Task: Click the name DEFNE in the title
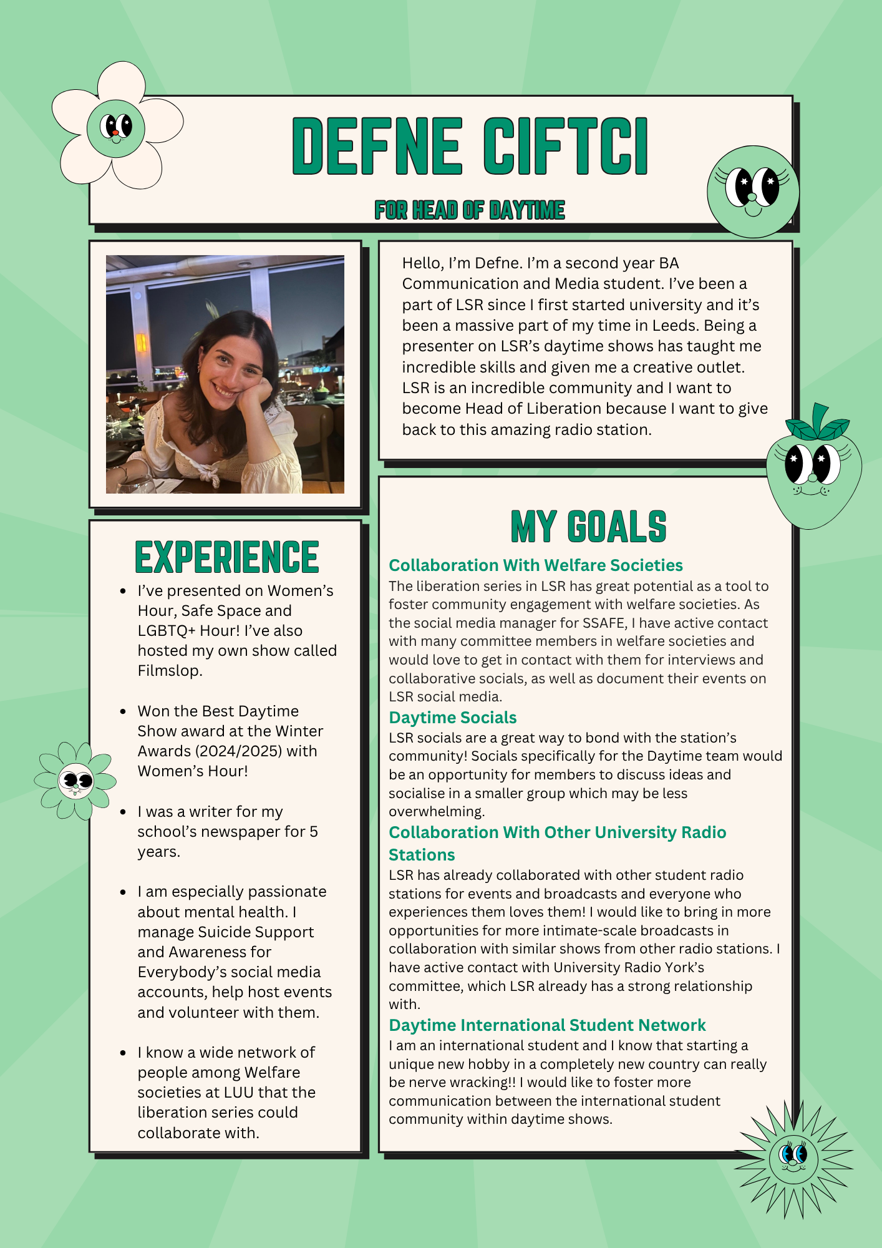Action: (x=377, y=145)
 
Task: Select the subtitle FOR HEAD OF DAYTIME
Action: (x=470, y=210)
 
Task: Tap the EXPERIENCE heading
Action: (x=227, y=557)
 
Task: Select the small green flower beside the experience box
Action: (x=75, y=780)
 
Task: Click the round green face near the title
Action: (x=753, y=191)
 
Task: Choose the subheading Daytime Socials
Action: (x=453, y=718)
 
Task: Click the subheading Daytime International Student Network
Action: (x=547, y=1025)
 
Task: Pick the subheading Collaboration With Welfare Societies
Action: (x=536, y=565)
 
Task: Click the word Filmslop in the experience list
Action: (x=170, y=671)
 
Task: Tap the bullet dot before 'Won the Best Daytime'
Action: (x=124, y=711)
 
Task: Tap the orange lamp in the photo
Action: (x=142, y=343)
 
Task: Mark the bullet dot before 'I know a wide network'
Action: (x=124, y=1053)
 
